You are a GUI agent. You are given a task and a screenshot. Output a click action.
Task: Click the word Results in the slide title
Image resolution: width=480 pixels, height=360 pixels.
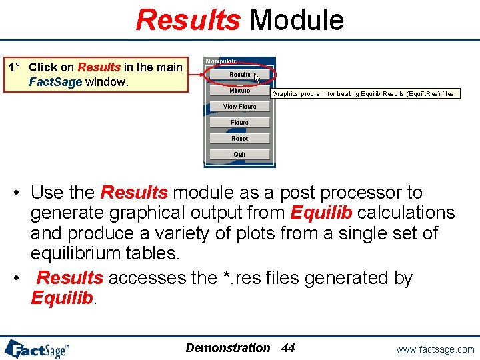pos(187,20)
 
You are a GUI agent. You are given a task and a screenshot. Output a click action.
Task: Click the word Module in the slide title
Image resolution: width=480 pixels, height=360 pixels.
pos(297,20)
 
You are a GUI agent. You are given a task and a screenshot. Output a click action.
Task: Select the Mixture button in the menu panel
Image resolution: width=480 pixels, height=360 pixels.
pos(239,91)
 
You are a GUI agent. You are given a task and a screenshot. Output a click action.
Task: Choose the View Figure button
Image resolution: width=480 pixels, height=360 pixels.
pos(239,107)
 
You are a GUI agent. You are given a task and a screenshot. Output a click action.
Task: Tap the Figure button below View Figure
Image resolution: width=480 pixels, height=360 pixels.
pos(239,123)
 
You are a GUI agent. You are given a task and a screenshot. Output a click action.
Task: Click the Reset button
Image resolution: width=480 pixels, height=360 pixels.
pos(239,139)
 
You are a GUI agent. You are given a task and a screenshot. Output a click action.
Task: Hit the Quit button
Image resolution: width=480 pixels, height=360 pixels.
pos(239,155)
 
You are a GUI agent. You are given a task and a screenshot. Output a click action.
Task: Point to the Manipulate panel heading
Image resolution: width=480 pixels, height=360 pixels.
pos(221,61)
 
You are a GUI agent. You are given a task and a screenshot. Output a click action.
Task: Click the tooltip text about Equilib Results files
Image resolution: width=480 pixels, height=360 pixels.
pos(365,94)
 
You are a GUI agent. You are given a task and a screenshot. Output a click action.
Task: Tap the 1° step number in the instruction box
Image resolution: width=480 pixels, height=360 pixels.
pos(14,67)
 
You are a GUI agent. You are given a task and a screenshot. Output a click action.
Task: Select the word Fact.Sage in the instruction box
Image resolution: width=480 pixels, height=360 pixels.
pos(55,82)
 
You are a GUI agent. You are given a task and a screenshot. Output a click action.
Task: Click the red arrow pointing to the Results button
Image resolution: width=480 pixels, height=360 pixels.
pos(196,74)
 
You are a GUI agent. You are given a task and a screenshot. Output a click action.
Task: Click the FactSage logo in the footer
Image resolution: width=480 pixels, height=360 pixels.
pos(37,348)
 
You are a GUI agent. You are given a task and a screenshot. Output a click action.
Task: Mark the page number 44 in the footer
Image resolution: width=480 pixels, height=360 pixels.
pos(288,348)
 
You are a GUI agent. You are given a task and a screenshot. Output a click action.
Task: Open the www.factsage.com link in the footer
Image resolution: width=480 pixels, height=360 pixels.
pos(435,349)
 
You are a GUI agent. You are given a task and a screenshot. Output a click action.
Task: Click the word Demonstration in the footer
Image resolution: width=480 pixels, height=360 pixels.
pos(228,348)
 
